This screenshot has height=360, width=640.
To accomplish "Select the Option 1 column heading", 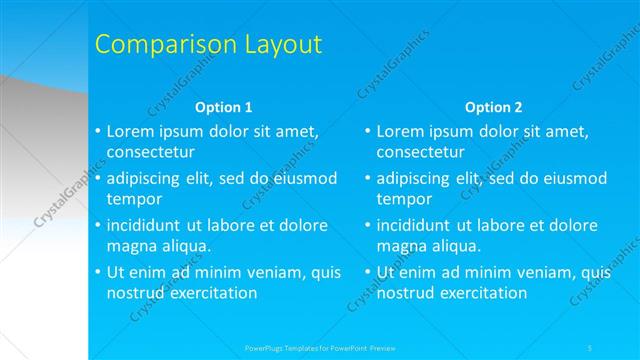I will point(223,107).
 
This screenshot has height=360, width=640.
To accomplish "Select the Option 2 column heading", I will point(493,107).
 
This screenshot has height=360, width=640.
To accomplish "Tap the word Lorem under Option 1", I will point(131,131).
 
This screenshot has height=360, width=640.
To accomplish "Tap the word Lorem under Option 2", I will point(401,131).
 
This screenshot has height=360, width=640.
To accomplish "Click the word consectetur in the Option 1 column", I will point(151,152).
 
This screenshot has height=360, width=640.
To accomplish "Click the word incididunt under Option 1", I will point(149,225).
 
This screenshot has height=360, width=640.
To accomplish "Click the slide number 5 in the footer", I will point(591,347).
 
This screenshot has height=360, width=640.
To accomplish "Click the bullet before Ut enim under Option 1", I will point(97,272).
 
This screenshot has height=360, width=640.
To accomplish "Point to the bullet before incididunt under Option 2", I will point(367,225).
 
